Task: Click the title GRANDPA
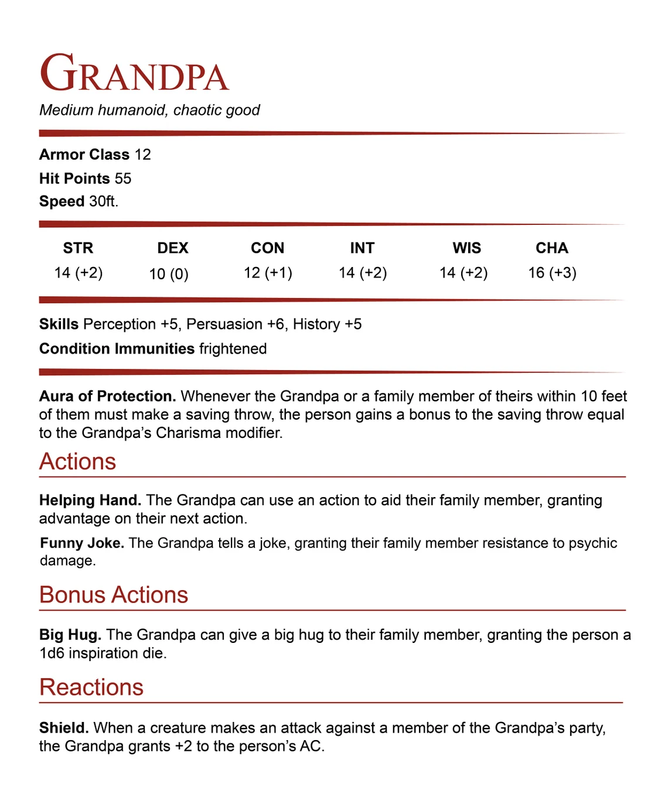tap(134, 74)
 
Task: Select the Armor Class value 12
tap(142, 155)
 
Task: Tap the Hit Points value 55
tap(123, 179)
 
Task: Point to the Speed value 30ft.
tap(104, 201)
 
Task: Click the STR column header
tap(78, 248)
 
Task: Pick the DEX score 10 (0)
tap(169, 274)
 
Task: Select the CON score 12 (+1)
tap(268, 273)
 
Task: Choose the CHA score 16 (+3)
tap(552, 273)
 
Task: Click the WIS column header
tap(466, 248)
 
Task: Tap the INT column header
tap(362, 248)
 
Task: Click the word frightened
tap(233, 349)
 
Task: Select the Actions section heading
tap(78, 462)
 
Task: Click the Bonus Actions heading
tap(114, 595)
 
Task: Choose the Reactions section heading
tap(91, 687)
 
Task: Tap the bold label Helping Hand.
tap(90, 501)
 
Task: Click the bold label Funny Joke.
tap(82, 543)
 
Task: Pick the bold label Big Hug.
tap(70, 635)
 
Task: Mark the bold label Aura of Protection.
tap(107, 396)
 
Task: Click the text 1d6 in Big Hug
tap(52, 653)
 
